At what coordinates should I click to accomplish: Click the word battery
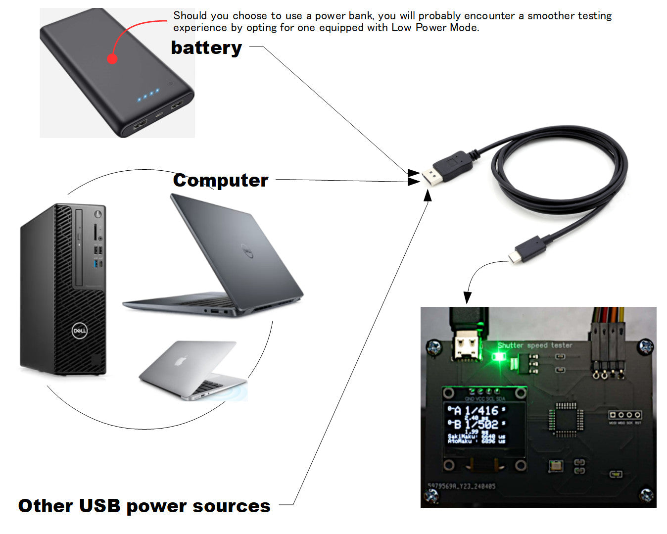pyautogui.click(x=206, y=48)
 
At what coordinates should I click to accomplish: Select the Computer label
pyautogui.click(x=221, y=180)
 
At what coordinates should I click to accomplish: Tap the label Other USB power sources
pyautogui.click(x=144, y=506)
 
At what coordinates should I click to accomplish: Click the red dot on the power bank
pyautogui.click(x=112, y=59)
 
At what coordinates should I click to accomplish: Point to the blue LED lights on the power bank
pyautogui.click(x=148, y=95)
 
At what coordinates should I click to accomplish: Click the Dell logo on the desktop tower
pyautogui.click(x=79, y=331)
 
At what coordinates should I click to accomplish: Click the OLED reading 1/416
pyautogui.click(x=481, y=411)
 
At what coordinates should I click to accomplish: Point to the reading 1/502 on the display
pyautogui.click(x=481, y=424)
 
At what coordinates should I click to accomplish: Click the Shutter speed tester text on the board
pyautogui.click(x=534, y=345)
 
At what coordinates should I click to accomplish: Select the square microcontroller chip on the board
pyautogui.click(x=566, y=420)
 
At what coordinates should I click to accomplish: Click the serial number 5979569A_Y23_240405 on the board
pyautogui.click(x=461, y=486)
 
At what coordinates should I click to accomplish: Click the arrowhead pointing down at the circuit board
pyautogui.click(x=467, y=298)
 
